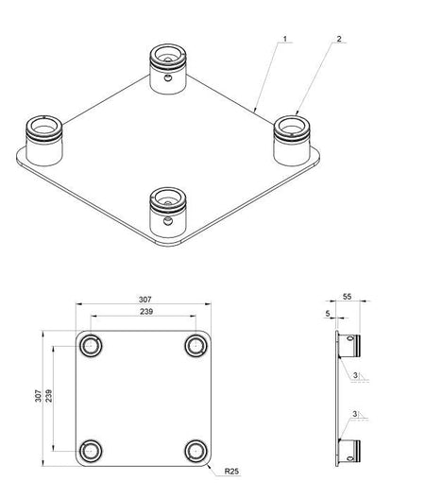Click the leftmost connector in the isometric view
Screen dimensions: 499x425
point(43,136)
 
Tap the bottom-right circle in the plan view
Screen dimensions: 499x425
point(195,450)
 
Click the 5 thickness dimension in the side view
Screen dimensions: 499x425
point(326,311)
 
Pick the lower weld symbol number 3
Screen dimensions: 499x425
point(353,413)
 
